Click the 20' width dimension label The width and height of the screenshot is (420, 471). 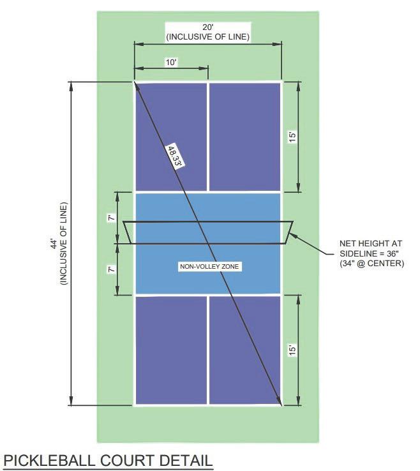(x=207, y=27)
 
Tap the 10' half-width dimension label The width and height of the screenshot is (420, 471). (x=171, y=63)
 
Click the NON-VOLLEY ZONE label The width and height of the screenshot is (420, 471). (x=209, y=266)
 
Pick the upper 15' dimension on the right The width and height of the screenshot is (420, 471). (x=292, y=137)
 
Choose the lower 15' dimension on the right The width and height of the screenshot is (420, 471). (x=292, y=350)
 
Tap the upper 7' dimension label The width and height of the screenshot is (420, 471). (x=111, y=218)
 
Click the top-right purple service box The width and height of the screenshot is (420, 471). (x=244, y=136)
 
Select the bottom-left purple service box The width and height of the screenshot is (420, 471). (x=170, y=350)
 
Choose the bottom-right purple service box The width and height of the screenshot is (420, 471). (x=244, y=350)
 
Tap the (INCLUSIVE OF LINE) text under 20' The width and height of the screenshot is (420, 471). (x=207, y=37)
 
